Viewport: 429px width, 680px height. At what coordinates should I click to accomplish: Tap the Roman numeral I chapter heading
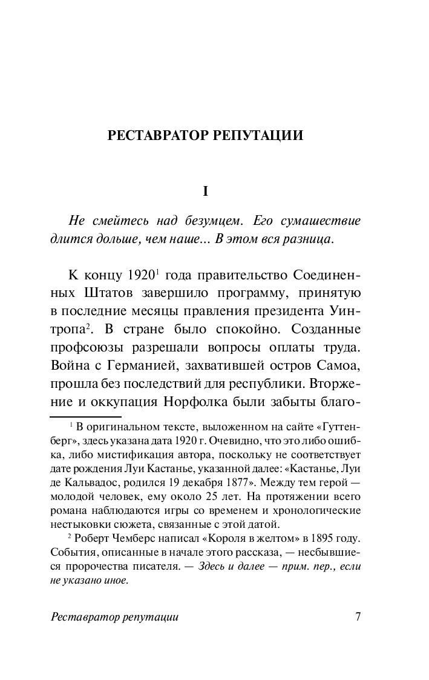[x=205, y=192]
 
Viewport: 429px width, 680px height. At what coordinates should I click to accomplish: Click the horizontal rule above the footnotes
[x=85, y=416]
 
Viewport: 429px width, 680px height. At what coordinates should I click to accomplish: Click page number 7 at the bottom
[x=358, y=617]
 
